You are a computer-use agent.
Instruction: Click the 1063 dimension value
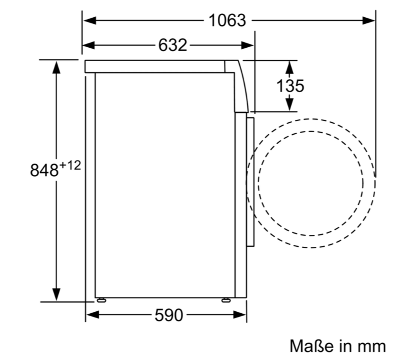[227, 20]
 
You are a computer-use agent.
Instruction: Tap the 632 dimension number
[172, 45]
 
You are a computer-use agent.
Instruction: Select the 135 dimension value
[290, 85]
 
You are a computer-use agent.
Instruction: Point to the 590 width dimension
[169, 315]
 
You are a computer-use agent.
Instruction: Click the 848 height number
[44, 170]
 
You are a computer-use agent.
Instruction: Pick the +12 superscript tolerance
[70, 165]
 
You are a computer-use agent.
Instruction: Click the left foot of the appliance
[102, 300]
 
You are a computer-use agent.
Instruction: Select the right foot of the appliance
[226, 300]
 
